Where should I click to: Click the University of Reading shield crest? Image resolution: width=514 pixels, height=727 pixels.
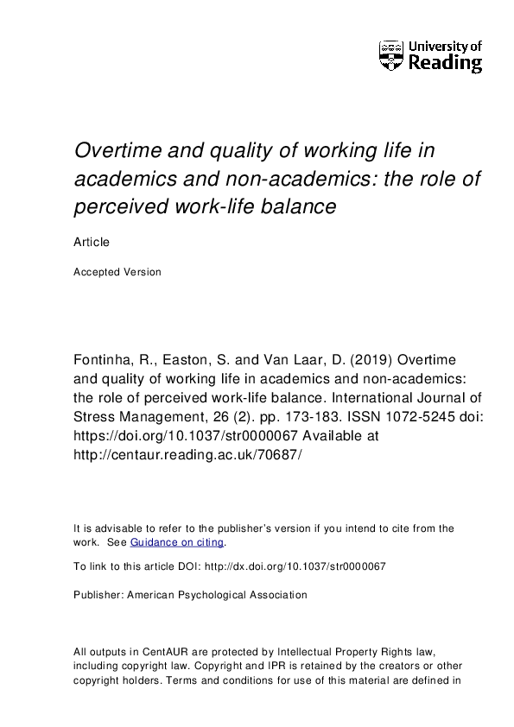pos(390,54)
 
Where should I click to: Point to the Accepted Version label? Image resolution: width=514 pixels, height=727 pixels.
pos(117,272)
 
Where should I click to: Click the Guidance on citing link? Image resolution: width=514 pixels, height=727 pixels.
pos(177,542)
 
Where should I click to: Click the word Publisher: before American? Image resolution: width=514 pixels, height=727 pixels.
pos(98,595)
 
